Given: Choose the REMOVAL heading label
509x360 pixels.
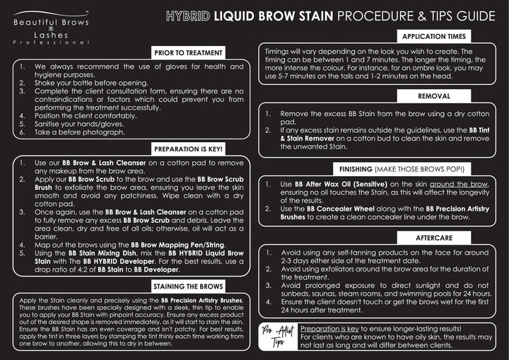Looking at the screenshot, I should point(433,95).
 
